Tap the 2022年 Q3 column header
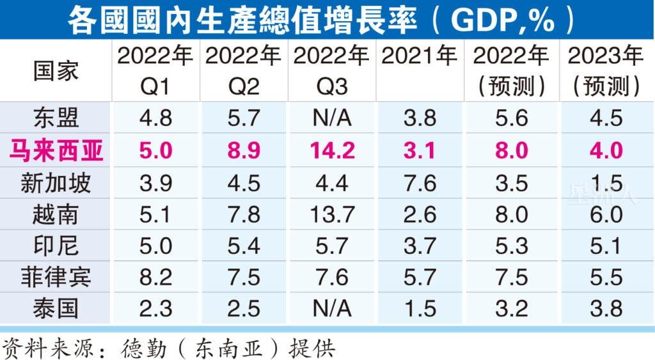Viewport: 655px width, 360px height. (x=331, y=71)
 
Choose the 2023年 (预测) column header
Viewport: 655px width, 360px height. (x=605, y=71)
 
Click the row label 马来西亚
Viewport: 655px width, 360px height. (x=56, y=151)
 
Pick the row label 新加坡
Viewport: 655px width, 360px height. (x=56, y=183)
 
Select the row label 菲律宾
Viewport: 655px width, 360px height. (x=56, y=277)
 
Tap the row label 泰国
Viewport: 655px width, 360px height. (x=56, y=308)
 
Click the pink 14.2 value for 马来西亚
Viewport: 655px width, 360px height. (x=331, y=151)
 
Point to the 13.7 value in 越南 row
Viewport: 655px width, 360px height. (x=331, y=214)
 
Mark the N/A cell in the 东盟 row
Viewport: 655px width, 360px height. (x=331, y=118)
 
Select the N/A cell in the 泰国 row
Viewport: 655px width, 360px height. (x=331, y=308)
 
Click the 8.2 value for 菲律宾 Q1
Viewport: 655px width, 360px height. (x=155, y=277)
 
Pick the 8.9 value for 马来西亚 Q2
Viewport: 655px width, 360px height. (x=242, y=151)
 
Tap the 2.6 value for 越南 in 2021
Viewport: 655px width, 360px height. (x=420, y=214)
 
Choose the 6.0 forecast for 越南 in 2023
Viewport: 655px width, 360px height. (x=605, y=214)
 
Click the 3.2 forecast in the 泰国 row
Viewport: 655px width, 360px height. (x=511, y=308)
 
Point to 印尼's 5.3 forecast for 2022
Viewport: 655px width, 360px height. (x=511, y=246)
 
